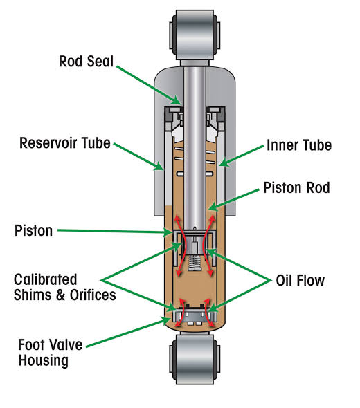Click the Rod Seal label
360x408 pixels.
click(x=86, y=62)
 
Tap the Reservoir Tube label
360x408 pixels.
click(x=65, y=143)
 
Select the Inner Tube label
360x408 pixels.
click(x=299, y=145)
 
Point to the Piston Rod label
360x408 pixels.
click(x=296, y=187)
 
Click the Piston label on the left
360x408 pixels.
click(x=34, y=230)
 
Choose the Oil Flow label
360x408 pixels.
click(x=300, y=281)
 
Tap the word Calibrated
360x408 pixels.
click(x=45, y=279)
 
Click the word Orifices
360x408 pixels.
click(x=93, y=295)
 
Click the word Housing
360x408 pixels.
click(x=43, y=361)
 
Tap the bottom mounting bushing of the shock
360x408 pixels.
click(x=195, y=360)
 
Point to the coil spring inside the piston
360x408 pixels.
click(x=195, y=262)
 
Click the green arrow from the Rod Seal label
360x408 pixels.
click(x=148, y=85)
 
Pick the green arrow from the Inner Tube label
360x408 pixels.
click(x=241, y=156)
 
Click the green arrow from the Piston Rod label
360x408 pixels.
click(x=234, y=200)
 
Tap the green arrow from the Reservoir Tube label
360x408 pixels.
click(x=138, y=157)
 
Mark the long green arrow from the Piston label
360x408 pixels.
click(x=115, y=231)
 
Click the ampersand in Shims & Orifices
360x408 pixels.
click(x=60, y=295)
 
